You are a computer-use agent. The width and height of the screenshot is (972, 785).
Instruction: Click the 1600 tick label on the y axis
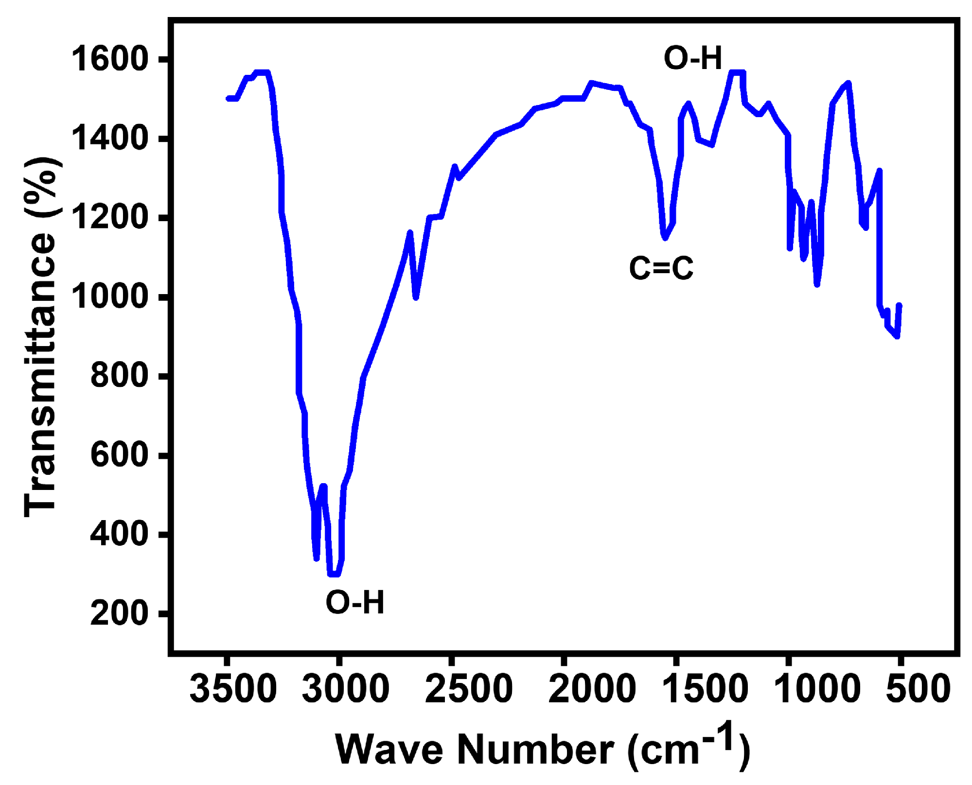pos(109,59)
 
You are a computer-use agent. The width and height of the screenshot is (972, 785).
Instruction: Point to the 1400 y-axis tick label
pos(109,139)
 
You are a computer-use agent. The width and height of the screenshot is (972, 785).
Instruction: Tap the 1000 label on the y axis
pos(109,296)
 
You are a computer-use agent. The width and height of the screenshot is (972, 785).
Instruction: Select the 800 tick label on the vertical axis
pos(119,376)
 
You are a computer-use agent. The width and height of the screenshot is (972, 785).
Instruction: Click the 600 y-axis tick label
pos(119,455)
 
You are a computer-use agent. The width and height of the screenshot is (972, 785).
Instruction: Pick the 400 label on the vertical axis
pos(119,534)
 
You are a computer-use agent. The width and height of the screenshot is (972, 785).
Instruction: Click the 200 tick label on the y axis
pos(119,614)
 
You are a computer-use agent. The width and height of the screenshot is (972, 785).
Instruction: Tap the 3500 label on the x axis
pos(233,689)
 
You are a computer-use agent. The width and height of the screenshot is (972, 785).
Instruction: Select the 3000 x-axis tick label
pos(346,689)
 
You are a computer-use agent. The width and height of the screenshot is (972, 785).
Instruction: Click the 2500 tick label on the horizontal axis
pos(469,689)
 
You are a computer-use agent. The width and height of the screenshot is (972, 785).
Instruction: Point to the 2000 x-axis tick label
pos(592,689)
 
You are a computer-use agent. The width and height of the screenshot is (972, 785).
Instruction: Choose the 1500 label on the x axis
pos(705,689)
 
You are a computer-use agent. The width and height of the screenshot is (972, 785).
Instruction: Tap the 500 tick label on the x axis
pos(918,689)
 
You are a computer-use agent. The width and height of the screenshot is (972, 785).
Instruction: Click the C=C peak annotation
pos(661,268)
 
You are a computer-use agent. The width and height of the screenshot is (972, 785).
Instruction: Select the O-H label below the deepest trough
pos(355,602)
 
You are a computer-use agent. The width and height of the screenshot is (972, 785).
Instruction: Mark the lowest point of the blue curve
pos(335,575)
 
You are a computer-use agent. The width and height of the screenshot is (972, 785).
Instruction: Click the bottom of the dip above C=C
pos(665,238)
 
